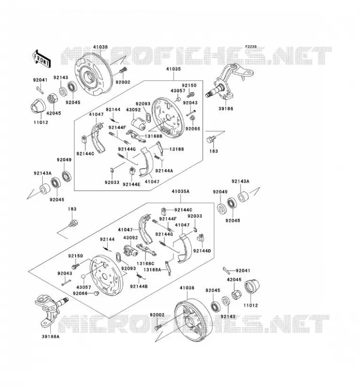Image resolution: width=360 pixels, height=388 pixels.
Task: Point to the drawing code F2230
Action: tap(251, 47)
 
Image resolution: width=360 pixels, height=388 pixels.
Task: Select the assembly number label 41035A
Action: tap(180, 191)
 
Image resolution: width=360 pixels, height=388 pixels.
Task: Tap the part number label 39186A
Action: tap(50, 337)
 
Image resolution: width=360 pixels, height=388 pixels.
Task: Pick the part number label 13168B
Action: tap(153, 136)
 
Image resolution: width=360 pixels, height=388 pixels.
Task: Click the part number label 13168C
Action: tap(146, 263)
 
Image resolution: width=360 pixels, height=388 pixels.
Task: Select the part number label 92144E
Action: tap(131, 184)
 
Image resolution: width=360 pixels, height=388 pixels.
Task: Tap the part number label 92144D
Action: tap(202, 251)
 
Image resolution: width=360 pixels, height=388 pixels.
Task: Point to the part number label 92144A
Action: tap(164, 171)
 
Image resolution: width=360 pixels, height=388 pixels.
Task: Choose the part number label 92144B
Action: tap(139, 286)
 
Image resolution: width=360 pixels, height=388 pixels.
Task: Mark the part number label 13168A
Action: tap(152, 270)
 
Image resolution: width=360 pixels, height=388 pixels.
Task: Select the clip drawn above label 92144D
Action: tap(201, 238)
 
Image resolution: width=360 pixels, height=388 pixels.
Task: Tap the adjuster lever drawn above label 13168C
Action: tap(147, 249)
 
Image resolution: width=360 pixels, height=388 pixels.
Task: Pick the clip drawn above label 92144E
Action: tap(132, 171)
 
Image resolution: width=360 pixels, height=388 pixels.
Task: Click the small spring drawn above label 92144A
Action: tap(157, 157)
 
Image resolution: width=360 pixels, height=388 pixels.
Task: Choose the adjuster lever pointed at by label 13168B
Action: tap(136, 136)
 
